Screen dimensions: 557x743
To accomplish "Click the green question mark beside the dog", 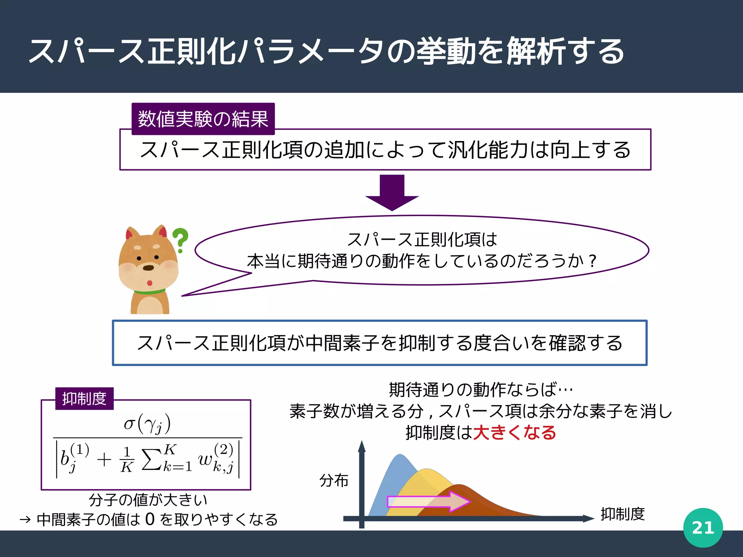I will pyautogui.click(x=180, y=239).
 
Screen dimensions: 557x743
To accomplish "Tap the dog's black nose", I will pyautogui.click(x=148, y=268).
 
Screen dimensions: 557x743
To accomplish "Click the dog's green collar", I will pyautogui.click(x=149, y=292).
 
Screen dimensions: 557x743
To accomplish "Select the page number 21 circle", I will pyautogui.click(x=703, y=528).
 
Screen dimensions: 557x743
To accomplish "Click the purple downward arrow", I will pyautogui.click(x=392, y=192).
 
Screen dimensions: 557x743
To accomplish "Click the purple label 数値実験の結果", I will pyautogui.click(x=203, y=119).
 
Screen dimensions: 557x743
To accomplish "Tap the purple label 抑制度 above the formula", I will pyautogui.click(x=84, y=399).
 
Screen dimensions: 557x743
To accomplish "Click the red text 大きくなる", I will pyautogui.click(x=514, y=433).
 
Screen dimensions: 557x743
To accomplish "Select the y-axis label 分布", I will pyautogui.click(x=334, y=480).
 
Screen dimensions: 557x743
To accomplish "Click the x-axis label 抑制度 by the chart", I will pyautogui.click(x=623, y=514).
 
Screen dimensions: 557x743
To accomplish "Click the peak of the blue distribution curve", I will pyautogui.click(x=399, y=455).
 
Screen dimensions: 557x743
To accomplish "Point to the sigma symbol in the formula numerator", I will pyautogui.click(x=129, y=424).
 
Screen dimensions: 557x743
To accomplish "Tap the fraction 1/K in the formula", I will pyautogui.click(x=127, y=459).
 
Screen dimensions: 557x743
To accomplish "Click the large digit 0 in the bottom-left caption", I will pyautogui.click(x=150, y=519).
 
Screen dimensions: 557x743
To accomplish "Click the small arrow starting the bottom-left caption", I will pyautogui.click(x=25, y=520).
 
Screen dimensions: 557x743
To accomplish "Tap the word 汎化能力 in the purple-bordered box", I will pyautogui.click(x=488, y=150).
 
